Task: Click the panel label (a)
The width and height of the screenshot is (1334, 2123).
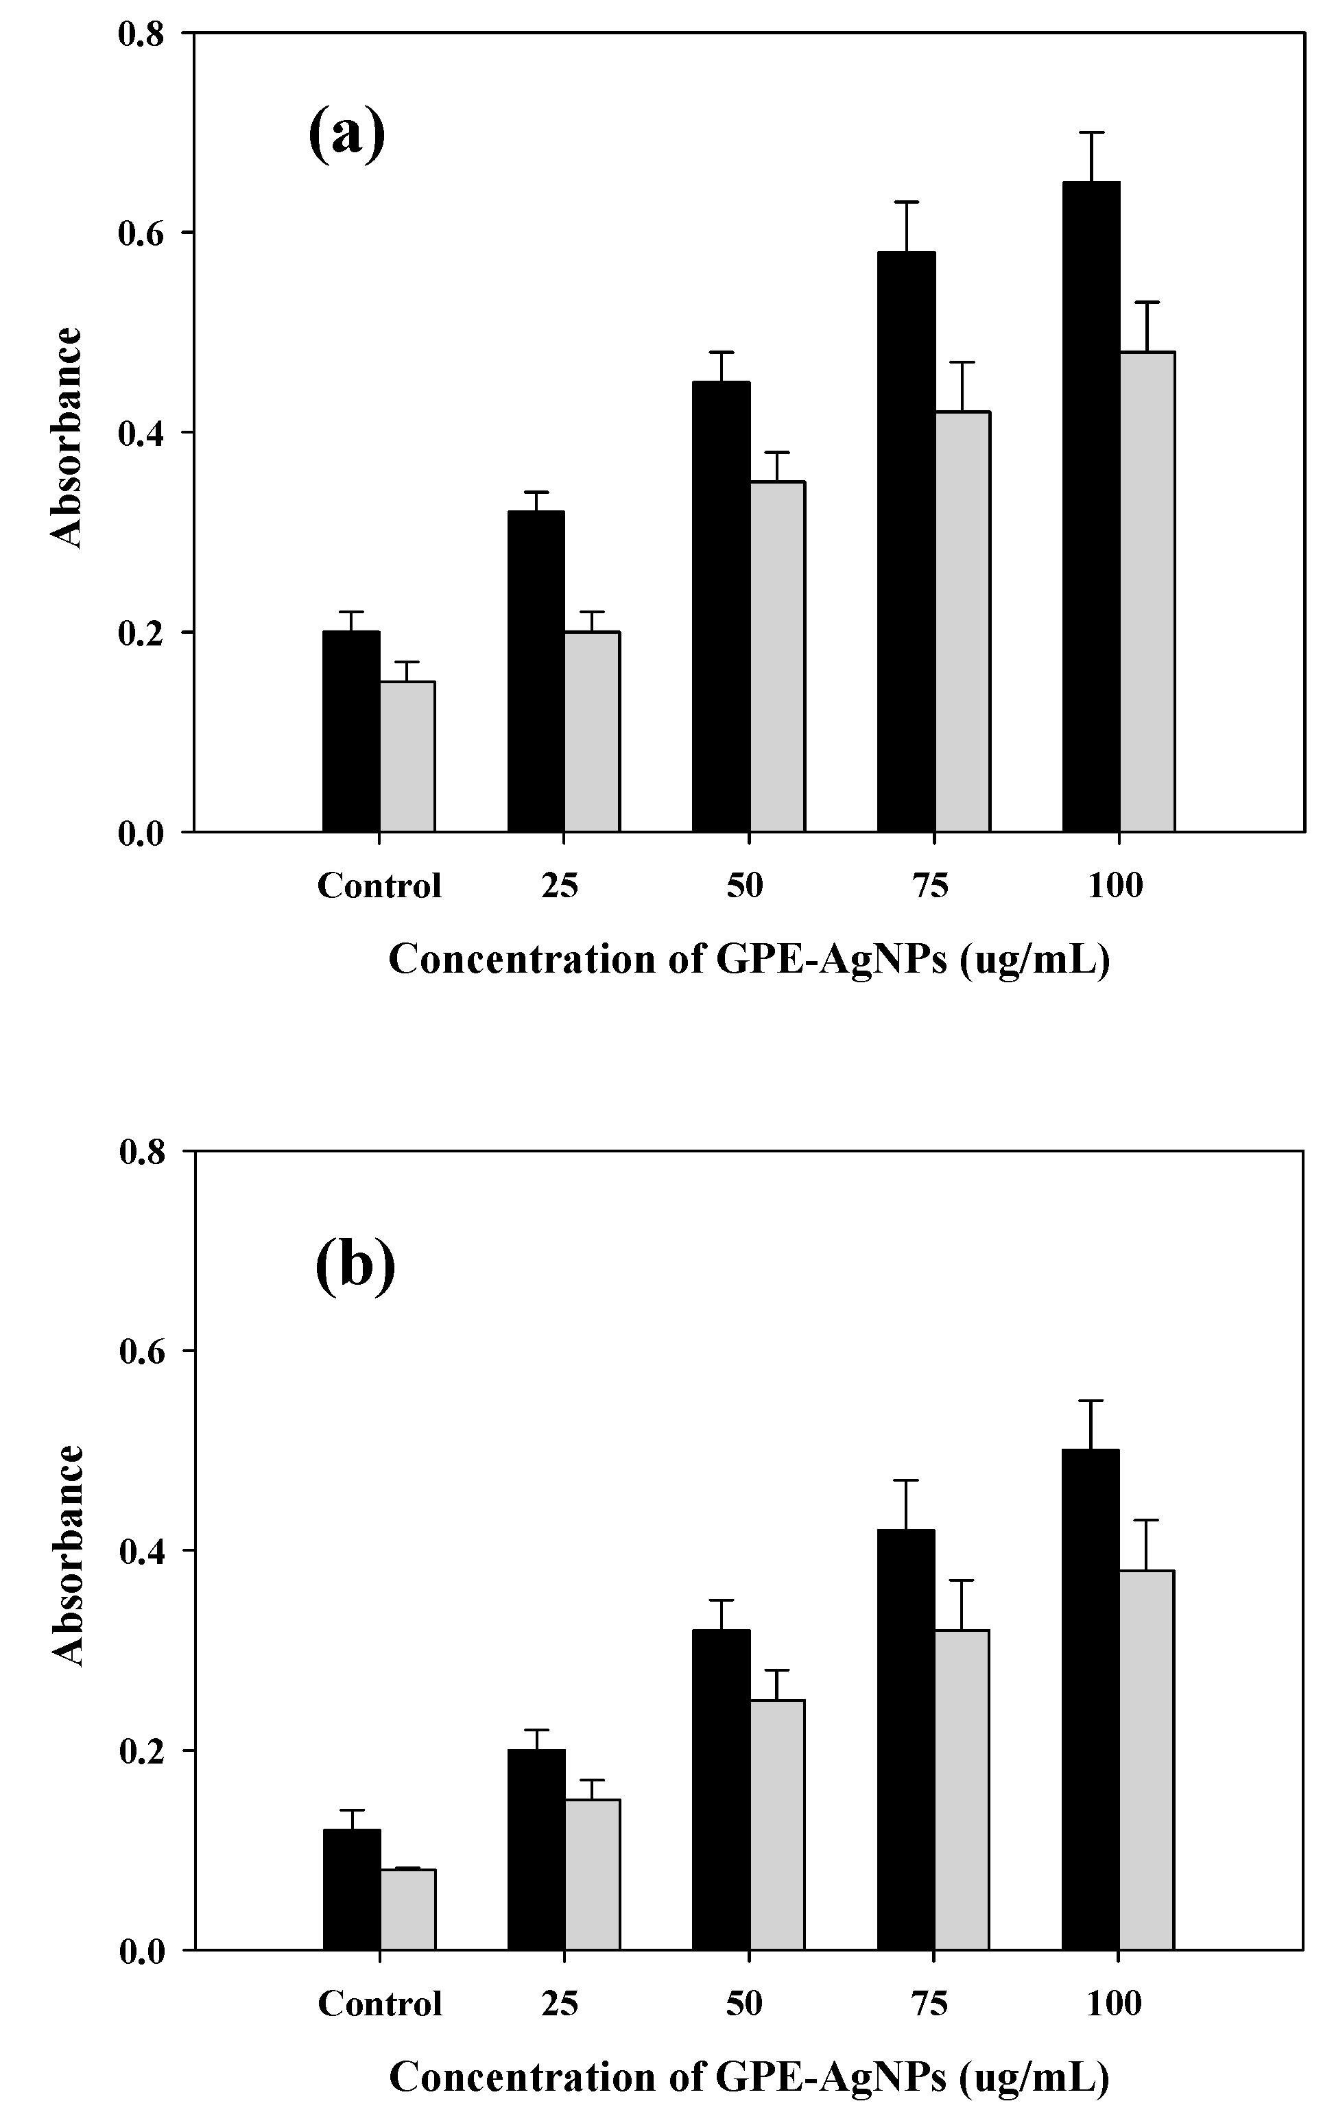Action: pos(346,132)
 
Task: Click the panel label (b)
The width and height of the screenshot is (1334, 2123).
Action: pos(355,1266)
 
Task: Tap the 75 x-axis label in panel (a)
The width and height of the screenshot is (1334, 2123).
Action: pos(930,885)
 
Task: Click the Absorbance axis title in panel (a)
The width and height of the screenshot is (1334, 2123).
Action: pos(66,438)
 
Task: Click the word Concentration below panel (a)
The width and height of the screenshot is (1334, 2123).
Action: pos(522,959)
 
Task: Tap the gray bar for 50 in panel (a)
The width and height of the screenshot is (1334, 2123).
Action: pos(777,657)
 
